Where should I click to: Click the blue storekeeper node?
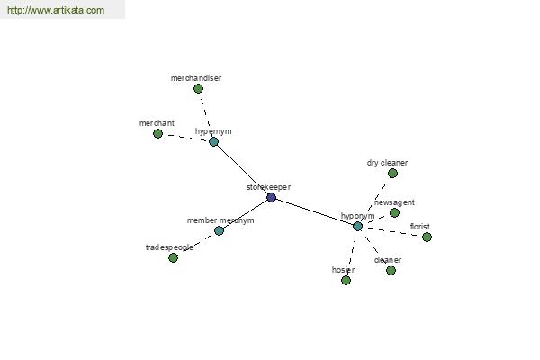(272, 197)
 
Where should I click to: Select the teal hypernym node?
(214, 141)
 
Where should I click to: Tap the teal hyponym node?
(358, 226)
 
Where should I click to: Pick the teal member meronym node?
(219, 230)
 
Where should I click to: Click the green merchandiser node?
(198, 88)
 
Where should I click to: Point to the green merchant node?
(157, 133)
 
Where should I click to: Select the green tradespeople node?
(173, 257)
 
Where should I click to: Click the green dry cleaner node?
(392, 174)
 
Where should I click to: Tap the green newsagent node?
(395, 213)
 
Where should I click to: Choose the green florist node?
(427, 237)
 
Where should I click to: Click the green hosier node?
(346, 281)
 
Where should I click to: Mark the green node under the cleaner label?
(391, 270)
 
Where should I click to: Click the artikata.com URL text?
(56, 10)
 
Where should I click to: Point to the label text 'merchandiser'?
(196, 78)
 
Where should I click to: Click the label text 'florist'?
(419, 227)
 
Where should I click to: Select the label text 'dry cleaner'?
(387, 163)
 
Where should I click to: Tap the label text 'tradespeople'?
(169, 247)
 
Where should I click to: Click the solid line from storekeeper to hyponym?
(315, 211)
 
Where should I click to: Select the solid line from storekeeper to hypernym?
(242, 169)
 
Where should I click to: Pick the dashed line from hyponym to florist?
(392, 231)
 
